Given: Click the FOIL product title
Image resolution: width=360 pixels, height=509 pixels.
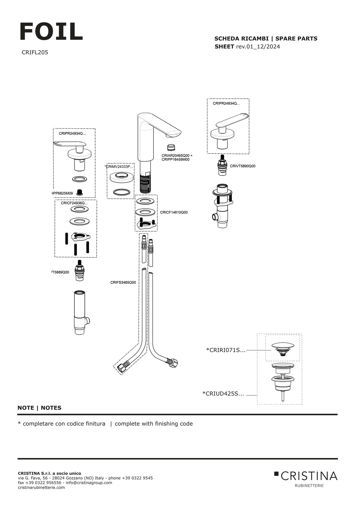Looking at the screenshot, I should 51,32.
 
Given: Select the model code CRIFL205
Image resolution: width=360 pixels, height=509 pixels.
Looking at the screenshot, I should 35,52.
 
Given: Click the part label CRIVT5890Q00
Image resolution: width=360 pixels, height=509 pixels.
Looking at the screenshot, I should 242,166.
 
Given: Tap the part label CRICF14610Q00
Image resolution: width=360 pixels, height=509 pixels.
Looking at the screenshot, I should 174,212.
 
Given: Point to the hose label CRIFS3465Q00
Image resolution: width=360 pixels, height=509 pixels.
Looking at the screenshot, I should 123,282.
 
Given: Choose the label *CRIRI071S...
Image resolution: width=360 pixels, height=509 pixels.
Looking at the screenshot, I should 225,350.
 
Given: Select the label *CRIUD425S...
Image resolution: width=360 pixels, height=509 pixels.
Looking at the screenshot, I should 223,394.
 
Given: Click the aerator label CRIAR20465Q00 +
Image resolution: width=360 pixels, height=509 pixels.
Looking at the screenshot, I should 177,155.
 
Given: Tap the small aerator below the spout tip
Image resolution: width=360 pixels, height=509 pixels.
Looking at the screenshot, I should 171,148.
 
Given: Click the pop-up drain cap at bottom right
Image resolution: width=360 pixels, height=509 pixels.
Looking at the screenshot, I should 283,346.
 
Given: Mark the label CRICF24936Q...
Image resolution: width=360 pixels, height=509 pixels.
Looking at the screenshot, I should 74,203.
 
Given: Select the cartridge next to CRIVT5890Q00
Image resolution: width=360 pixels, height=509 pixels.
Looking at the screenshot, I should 222,165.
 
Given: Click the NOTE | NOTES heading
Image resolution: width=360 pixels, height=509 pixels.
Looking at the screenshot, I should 39,408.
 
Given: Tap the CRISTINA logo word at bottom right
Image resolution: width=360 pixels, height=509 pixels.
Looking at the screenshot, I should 309,476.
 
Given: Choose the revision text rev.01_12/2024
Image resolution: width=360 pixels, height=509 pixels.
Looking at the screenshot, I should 258,46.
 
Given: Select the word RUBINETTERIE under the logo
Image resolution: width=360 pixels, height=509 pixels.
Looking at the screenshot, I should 309,485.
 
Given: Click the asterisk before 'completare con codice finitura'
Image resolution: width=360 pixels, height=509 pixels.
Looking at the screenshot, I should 19,423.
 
